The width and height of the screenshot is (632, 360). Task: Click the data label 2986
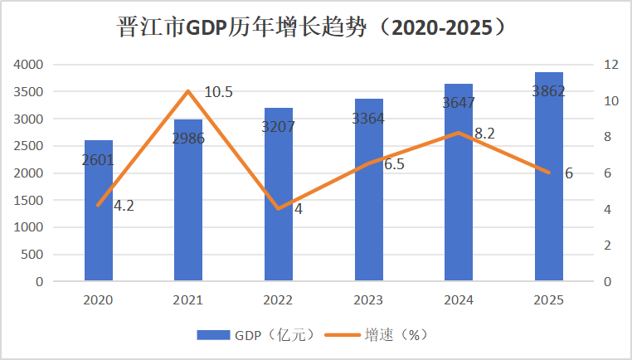[188, 138]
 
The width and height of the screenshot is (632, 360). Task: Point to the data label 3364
[368, 119]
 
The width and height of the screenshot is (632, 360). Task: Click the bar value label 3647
[459, 103]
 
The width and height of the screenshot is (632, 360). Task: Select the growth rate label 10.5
[218, 92]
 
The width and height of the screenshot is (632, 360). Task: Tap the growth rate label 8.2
[485, 133]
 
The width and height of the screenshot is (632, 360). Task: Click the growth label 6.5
[394, 164]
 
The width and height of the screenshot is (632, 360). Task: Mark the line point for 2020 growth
[99, 205]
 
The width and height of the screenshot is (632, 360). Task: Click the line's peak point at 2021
[188, 91]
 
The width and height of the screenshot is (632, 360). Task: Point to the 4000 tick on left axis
[29, 65]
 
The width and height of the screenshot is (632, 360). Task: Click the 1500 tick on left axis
[29, 200]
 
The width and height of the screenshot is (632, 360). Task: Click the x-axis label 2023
[368, 299]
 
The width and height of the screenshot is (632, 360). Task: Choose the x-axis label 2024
[459, 299]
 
